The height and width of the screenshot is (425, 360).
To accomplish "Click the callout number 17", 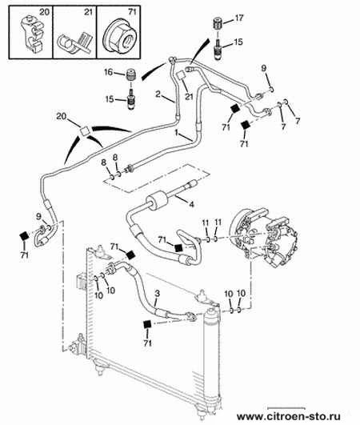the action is [239, 18].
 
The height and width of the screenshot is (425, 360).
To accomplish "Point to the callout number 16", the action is [108, 72].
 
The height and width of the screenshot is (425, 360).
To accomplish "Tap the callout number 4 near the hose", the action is [191, 204].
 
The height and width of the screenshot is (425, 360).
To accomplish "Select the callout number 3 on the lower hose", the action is [157, 294].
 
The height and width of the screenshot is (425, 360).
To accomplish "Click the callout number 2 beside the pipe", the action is [158, 94].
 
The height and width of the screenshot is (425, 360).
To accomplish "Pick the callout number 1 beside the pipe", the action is [177, 133].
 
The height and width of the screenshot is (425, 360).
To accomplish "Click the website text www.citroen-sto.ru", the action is [289, 416].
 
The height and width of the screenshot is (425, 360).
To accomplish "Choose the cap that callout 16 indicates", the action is [131, 74].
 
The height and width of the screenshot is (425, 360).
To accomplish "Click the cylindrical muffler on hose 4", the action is [157, 201].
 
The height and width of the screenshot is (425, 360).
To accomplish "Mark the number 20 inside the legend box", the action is [45, 12].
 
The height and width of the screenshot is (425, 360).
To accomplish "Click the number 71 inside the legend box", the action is [132, 12].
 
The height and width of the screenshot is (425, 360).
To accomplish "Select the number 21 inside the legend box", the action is [88, 12].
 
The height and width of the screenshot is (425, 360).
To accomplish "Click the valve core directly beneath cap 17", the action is [218, 49].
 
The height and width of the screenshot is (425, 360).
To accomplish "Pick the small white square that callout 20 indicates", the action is [85, 131].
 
